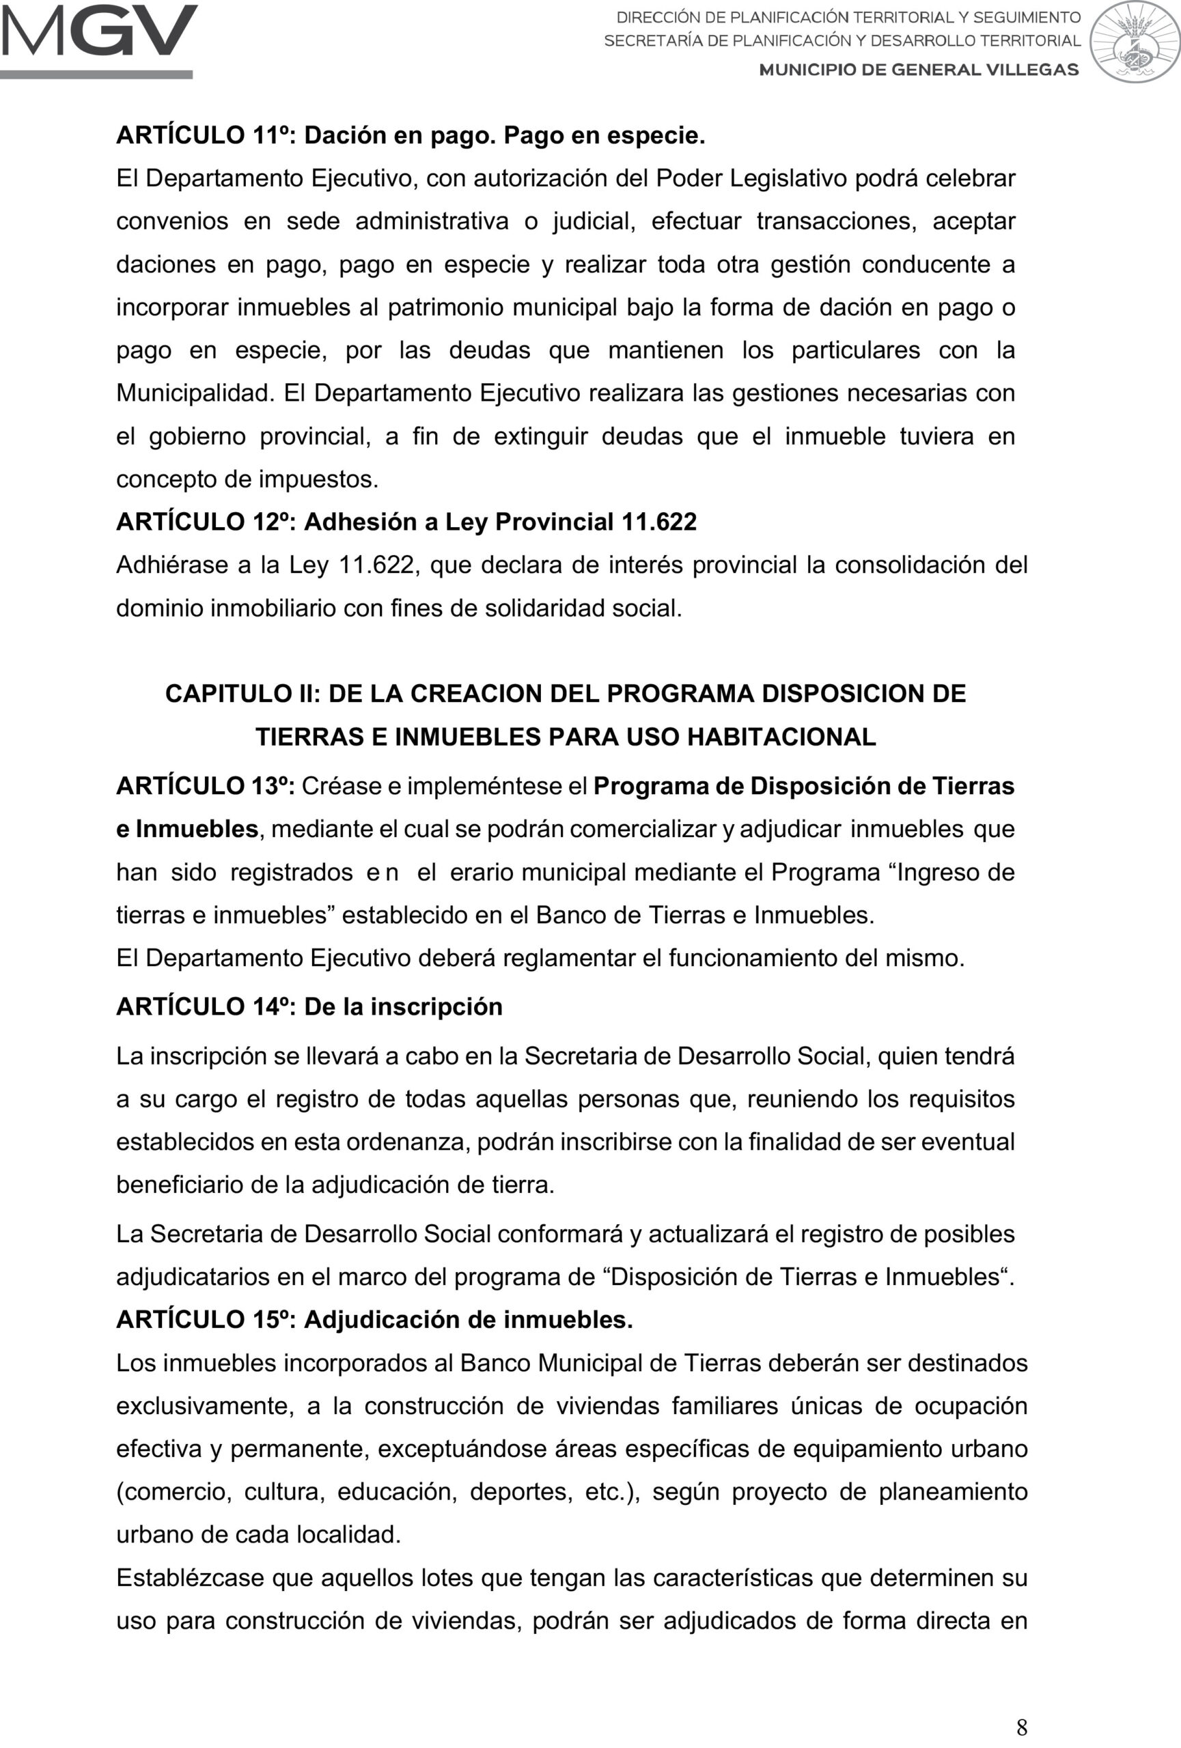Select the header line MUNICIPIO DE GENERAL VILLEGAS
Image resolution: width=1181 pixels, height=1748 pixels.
pyautogui.click(x=919, y=70)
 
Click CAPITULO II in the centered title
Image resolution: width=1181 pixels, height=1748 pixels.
pyautogui.click(x=242, y=694)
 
